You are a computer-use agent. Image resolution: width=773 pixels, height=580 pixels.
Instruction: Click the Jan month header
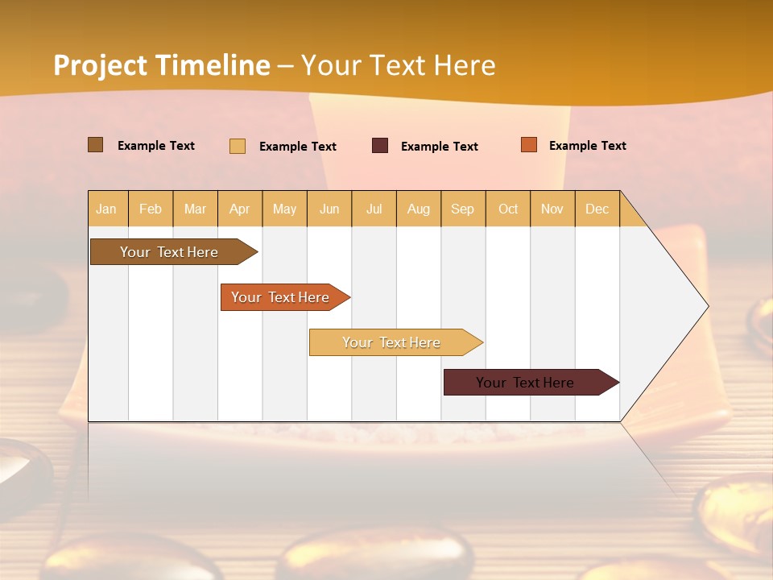(x=107, y=209)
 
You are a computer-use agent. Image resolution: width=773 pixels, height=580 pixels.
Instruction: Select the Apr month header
(x=240, y=209)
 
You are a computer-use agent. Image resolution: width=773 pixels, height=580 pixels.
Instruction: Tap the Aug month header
(x=419, y=209)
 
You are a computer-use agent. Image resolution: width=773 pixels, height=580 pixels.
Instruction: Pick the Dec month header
(x=597, y=209)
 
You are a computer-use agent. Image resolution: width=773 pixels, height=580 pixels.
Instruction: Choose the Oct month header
(x=508, y=209)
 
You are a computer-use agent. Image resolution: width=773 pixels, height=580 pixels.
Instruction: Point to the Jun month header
(x=329, y=209)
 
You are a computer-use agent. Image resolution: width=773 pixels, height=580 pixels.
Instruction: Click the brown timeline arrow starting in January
(x=170, y=252)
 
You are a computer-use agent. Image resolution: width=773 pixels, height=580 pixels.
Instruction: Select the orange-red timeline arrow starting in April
(x=281, y=297)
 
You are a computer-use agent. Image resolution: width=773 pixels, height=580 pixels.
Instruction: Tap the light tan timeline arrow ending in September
(x=392, y=342)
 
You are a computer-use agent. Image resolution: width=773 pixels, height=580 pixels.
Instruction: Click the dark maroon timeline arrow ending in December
(x=526, y=383)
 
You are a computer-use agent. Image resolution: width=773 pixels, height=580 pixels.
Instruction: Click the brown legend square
(x=96, y=145)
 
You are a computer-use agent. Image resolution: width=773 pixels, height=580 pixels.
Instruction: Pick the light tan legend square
(x=238, y=146)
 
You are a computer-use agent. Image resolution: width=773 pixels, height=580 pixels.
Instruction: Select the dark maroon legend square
(x=380, y=146)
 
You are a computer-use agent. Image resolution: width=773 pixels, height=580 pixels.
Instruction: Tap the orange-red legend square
(x=529, y=145)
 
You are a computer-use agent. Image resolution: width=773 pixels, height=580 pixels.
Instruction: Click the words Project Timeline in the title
(x=161, y=65)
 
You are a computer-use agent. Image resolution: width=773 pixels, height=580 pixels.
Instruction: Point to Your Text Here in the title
(x=399, y=65)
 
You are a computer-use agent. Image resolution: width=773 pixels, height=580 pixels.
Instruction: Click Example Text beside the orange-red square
(x=587, y=146)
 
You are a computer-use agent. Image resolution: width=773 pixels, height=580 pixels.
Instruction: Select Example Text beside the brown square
(x=156, y=146)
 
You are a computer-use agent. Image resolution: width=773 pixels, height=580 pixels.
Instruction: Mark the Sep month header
(x=463, y=209)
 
